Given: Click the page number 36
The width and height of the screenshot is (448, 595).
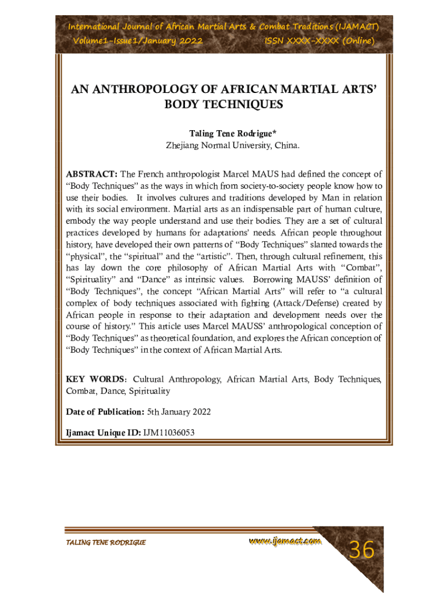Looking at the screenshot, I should tap(361, 549).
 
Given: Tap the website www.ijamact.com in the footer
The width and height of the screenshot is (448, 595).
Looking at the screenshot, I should tap(285, 542).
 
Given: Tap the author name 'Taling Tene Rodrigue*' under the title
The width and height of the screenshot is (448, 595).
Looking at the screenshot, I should tap(225, 133).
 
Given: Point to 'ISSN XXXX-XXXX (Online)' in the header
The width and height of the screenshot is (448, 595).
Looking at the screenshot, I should tap(319, 41).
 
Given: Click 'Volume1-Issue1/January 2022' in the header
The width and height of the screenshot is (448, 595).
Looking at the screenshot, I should tap(137, 41).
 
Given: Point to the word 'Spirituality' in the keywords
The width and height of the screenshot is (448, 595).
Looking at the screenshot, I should tap(150, 391).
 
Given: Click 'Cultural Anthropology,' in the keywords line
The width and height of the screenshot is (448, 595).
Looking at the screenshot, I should tap(177, 379).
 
